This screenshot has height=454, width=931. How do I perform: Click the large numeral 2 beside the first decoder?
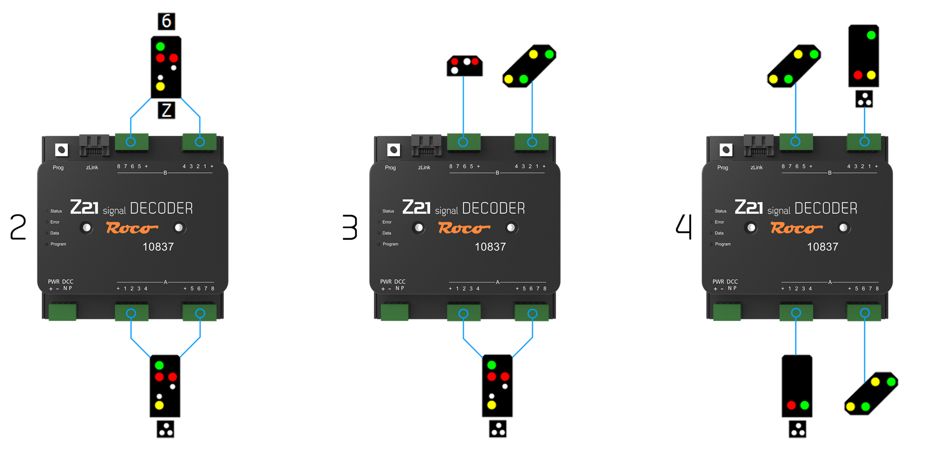point(18,228)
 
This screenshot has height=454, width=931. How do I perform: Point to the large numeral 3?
point(350,228)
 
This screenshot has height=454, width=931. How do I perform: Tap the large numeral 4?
point(684,227)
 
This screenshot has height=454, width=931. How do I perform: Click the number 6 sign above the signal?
point(166,21)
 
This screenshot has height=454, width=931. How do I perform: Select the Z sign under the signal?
point(166,110)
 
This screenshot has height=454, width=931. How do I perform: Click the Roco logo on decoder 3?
point(464,228)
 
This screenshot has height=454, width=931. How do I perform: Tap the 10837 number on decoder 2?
point(158,247)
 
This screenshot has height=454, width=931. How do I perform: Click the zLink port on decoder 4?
point(758,145)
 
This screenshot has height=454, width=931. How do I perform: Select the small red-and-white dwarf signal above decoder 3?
point(465,66)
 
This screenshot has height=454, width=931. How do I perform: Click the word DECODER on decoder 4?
point(826,208)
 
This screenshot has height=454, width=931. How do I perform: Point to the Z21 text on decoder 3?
point(417,207)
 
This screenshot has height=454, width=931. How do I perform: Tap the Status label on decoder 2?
point(56,211)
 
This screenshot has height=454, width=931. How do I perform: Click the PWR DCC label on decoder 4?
point(725,282)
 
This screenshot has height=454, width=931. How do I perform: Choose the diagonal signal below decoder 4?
point(871,393)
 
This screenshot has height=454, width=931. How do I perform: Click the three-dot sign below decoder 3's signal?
point(498,429)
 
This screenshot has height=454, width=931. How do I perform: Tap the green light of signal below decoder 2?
point(159,365)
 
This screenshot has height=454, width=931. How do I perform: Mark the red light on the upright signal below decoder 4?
point(791,405)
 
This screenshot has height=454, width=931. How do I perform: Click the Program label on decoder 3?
point(390,244)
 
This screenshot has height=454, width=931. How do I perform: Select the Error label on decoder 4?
point(719,222)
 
